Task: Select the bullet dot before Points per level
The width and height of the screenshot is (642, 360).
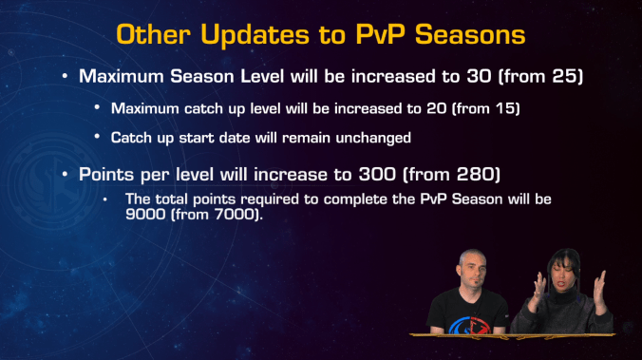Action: pos(65,177)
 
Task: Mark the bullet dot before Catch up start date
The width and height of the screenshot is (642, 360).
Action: pos(98,138)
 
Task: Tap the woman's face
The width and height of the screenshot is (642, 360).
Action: pos(558,270)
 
